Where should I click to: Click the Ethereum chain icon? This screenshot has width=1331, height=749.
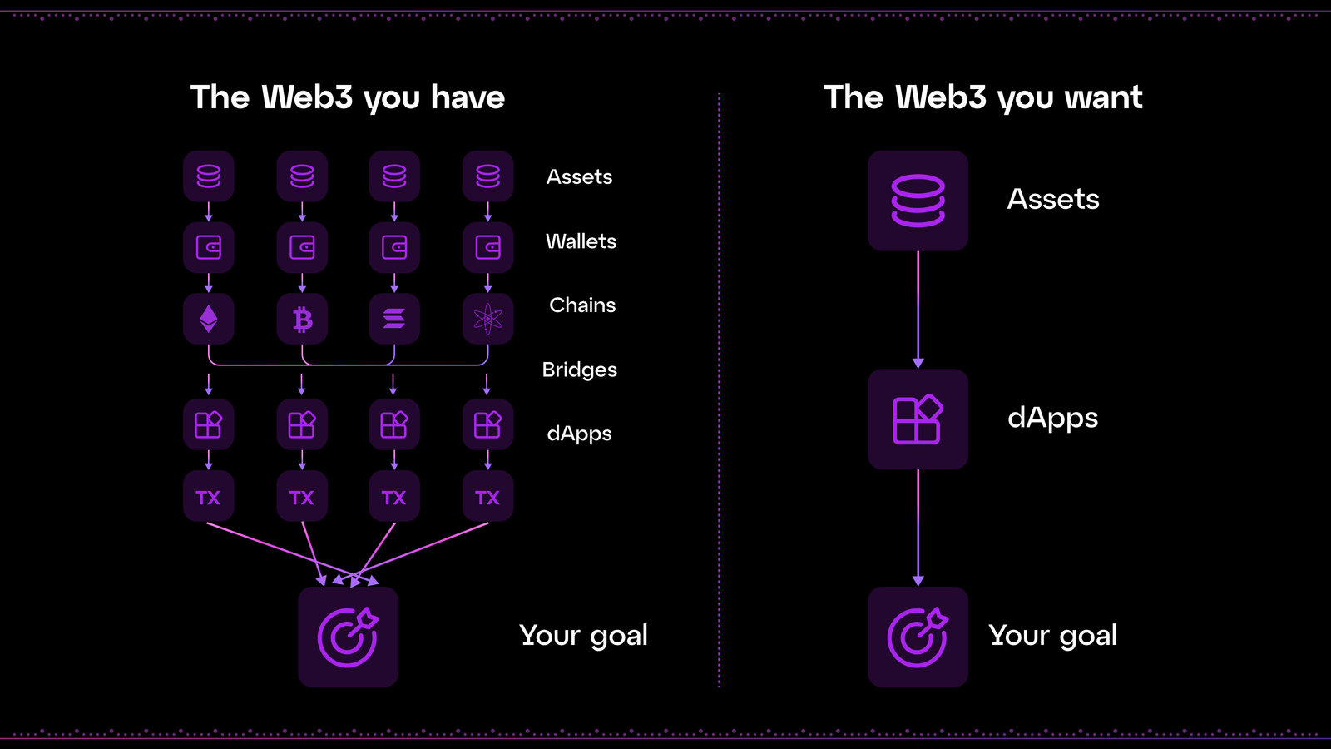coord(208,319)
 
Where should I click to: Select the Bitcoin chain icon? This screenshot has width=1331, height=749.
coord(302,319)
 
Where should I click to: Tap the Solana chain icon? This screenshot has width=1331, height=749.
coord(394,319)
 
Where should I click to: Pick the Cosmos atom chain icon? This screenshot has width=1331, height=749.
coord(487,319)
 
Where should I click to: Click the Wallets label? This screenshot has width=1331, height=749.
coord(581,241)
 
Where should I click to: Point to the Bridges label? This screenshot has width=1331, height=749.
coord(579,370)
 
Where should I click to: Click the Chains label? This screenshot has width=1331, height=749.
coord(582,305)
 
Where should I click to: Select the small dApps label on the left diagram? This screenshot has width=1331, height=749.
coord(579,434)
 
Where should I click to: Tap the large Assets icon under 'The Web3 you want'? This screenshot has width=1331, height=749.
coord(918,201)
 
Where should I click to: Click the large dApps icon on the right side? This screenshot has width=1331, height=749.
coord(918,419)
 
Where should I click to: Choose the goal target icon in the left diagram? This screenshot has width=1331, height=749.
coord(349,637)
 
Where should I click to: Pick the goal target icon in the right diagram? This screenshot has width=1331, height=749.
coord(918,637)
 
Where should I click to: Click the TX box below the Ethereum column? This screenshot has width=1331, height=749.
coord(208,496)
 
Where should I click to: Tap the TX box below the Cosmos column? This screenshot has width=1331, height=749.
coord(487,496)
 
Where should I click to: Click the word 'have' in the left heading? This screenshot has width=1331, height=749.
coord(468,97)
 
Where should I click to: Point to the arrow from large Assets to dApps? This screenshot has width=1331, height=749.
coord(918,310)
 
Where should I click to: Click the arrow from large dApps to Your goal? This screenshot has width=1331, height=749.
coord(918,528)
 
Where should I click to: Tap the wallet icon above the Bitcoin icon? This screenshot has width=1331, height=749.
coord(302,247)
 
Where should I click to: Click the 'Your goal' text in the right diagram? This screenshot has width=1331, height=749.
coord(1052,636)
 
